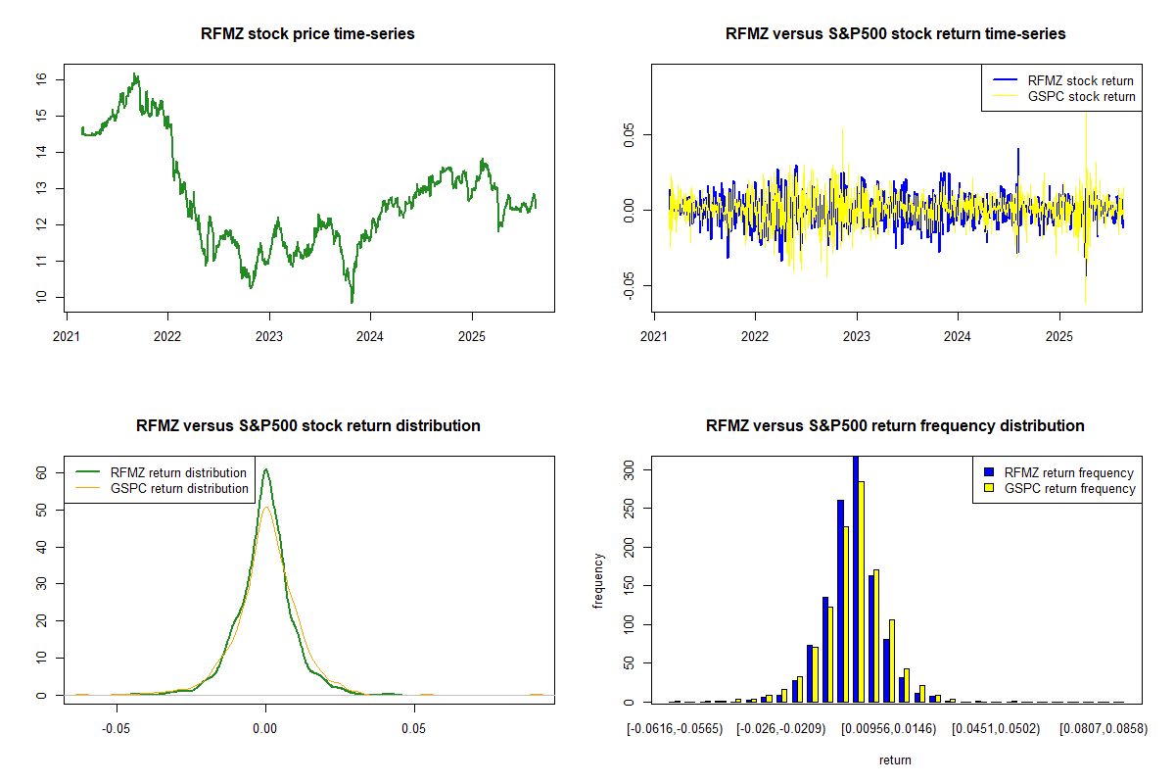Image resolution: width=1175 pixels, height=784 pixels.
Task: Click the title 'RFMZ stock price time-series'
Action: point(307,34)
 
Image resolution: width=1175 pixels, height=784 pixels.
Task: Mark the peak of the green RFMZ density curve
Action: point(265,469)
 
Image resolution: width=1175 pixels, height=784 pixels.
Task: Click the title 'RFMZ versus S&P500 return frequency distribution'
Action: point(895,426)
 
